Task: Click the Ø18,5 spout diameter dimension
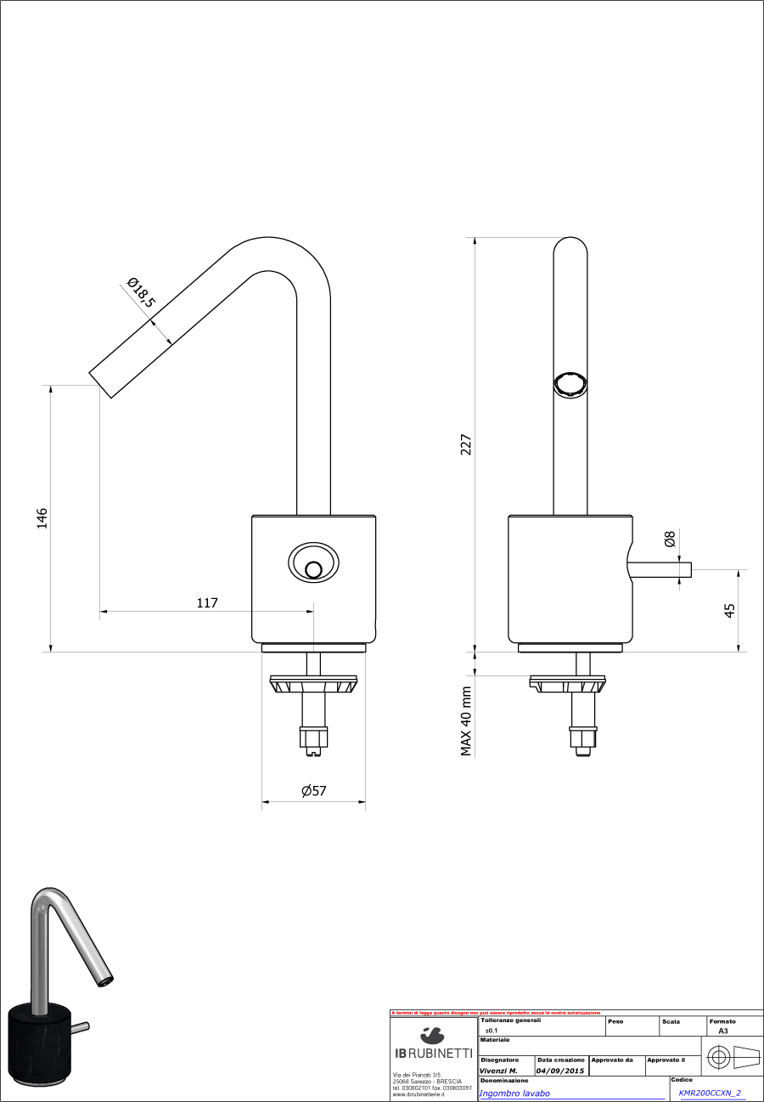[141, 292]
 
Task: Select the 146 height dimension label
[42, 518]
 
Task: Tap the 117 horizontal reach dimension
[207, 603]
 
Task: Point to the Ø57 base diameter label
[313, 791]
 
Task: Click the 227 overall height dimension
[466, 444]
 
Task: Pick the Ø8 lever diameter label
[670, 539]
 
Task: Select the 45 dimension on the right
[730, 610]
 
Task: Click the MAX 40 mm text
[466, 721]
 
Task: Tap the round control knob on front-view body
[313, 570]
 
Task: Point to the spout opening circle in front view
[570, 383]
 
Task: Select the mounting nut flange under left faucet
[313, 683]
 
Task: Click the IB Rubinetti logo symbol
[432, 1035]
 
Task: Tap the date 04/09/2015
[560, 1071]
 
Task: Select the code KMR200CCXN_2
[710, 1094]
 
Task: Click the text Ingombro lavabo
[514, 1094]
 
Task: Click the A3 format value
[722, 1030]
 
